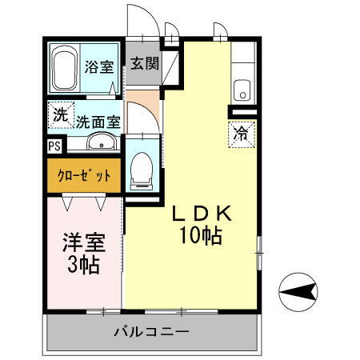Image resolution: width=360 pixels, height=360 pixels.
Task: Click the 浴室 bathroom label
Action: (99, 66)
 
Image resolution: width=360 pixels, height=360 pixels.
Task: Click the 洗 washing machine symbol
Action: (60, 114)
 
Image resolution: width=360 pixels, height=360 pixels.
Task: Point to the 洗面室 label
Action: (98, 122)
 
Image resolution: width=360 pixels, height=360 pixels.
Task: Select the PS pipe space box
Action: (54, 146)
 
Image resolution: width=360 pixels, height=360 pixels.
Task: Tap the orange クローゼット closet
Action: (83, 175)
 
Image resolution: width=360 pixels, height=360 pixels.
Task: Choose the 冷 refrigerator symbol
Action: (240, 134)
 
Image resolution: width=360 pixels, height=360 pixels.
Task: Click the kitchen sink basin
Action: (242, 89)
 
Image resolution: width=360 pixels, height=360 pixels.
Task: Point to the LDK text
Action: (199, 215)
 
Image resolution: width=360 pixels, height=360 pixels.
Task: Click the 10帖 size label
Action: (201, 237)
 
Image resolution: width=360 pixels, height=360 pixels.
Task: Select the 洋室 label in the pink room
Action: (82, 242)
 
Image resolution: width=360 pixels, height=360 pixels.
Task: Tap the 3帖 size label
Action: (82, 266)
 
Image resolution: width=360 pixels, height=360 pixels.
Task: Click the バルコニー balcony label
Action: (151, 331)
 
